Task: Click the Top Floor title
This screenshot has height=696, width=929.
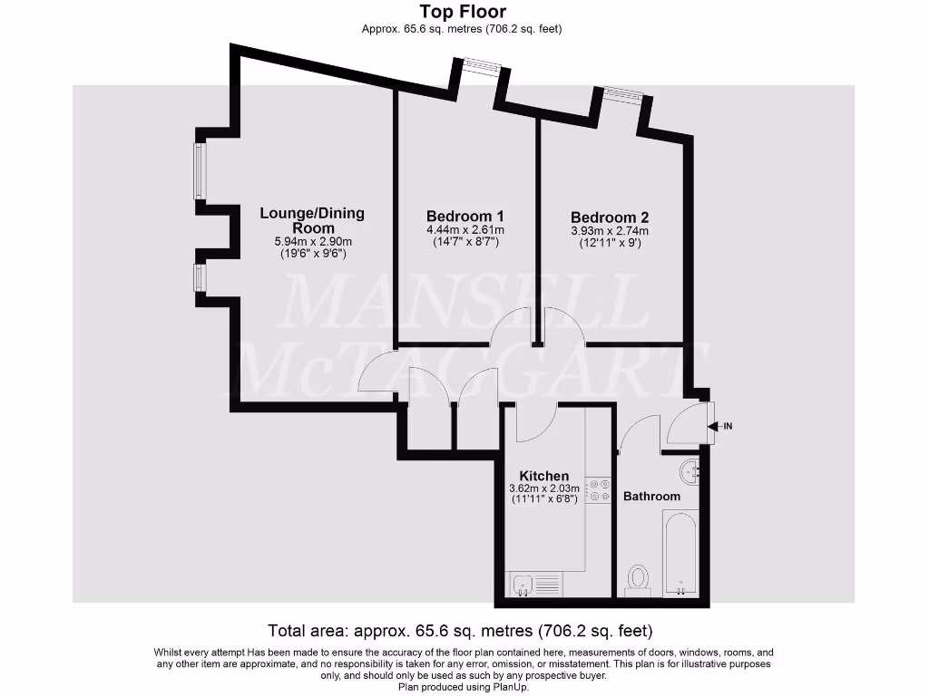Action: tap(463, 12)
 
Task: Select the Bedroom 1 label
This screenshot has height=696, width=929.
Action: tap(465, 217)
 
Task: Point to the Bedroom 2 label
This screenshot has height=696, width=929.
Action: tap(610, 217)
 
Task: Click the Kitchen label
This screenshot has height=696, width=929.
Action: tap(543, 476)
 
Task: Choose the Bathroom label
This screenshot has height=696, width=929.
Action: tap(651, 497)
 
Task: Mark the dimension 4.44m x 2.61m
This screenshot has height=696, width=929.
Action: tap(464, 230)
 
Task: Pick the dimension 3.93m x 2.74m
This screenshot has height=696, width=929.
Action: tap(610, 231)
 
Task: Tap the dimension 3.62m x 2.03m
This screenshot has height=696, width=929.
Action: tap(543, 489)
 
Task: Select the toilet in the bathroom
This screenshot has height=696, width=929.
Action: tap(639, 578)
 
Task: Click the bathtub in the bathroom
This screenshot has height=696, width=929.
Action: tap(681, 553)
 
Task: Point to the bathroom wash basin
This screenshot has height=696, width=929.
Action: tap(689, 470)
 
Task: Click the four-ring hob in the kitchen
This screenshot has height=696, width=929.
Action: tap(599, 489)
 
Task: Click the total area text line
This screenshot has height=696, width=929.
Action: tap(460, 630)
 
